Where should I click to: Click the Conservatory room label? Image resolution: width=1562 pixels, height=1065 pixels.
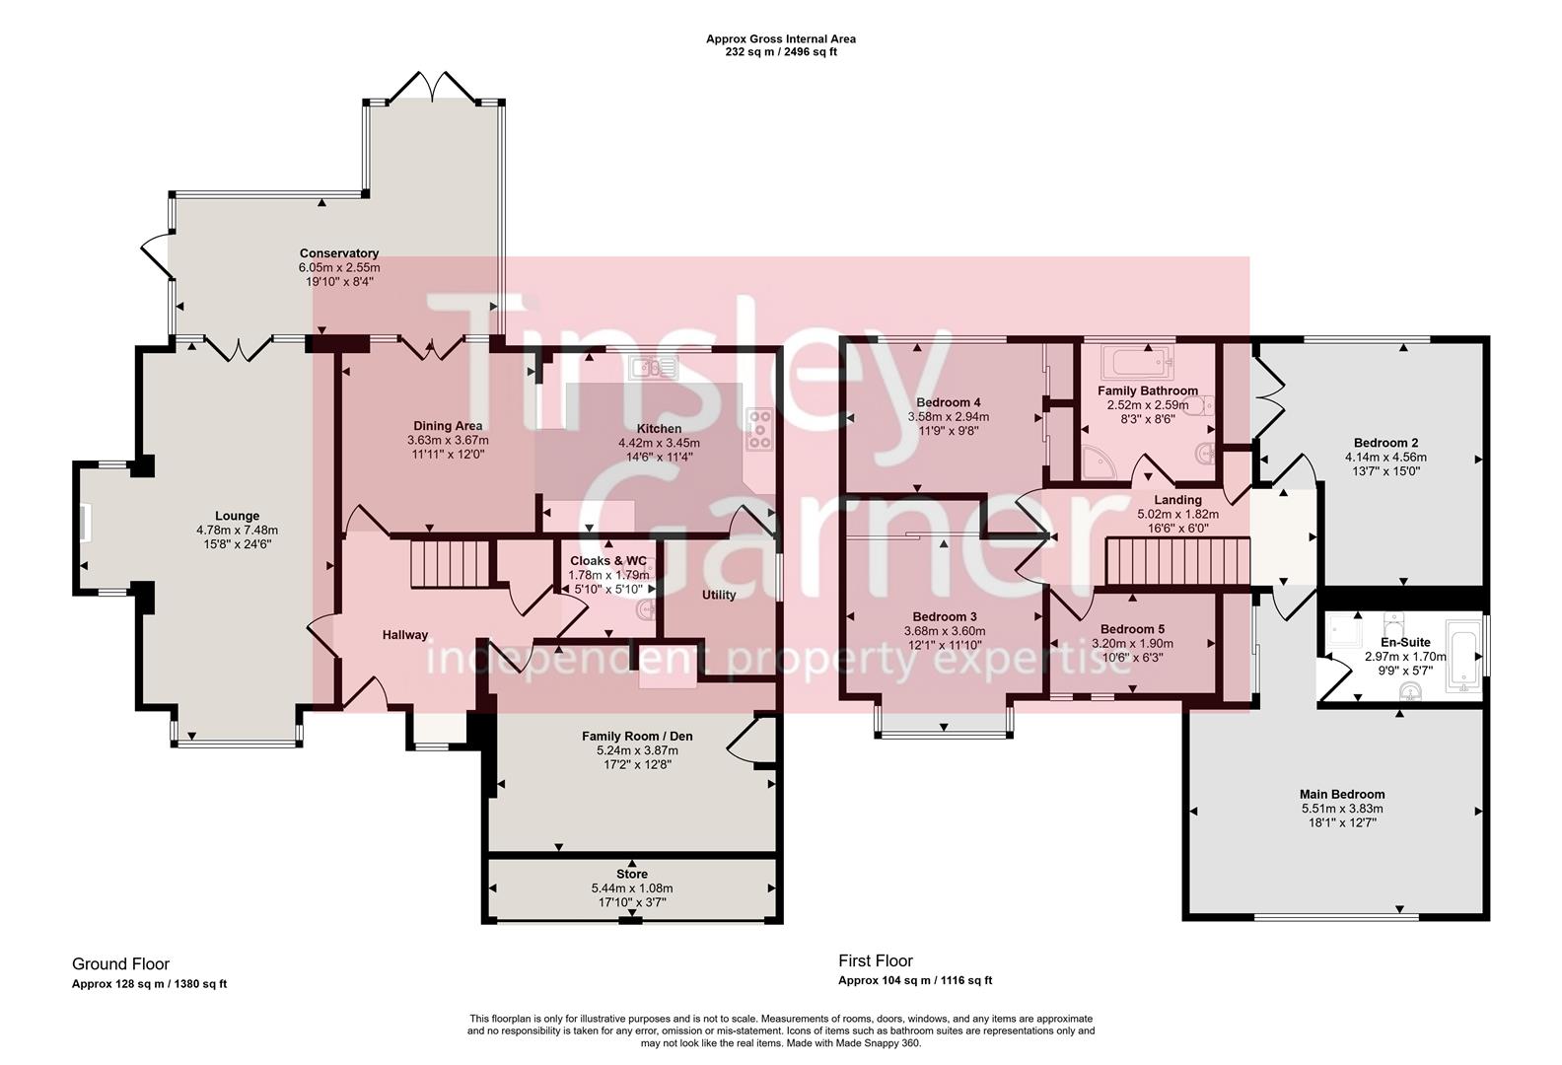click(339, 253)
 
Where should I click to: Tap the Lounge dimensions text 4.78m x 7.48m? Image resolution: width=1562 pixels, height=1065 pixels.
click(237, 530)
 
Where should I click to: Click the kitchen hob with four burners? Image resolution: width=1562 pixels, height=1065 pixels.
click(759, 430)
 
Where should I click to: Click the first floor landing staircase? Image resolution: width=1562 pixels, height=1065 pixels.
click(1177, 562)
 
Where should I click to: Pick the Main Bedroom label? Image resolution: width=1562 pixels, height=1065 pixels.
click(1341, 794)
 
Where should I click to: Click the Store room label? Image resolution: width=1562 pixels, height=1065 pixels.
click(632, 874)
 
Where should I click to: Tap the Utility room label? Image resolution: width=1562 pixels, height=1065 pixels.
click(719, 595)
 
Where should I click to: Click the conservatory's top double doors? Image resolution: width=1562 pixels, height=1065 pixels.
click(435, 87)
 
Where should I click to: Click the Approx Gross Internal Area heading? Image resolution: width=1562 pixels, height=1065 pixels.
click(780, 39)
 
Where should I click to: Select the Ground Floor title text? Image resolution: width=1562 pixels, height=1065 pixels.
click(120, 963)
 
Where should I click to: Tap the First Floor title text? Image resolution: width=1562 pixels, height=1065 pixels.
click(876, 960)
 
